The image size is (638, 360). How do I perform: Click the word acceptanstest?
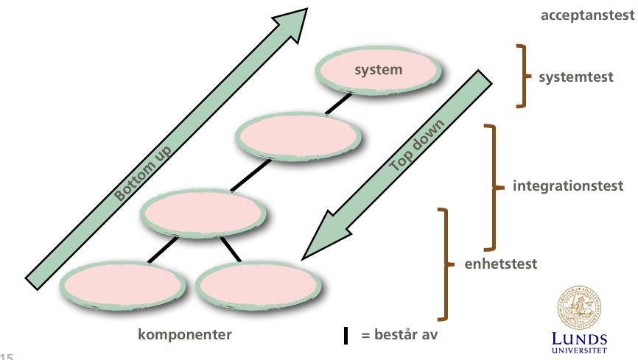[x=587, y=15]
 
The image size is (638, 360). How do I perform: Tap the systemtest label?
[x=575, y=77]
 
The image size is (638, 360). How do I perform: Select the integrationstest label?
[x=567, y=186]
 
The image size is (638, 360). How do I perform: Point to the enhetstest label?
[x=500, y=264]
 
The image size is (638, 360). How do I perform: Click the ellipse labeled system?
[x=378, y=71]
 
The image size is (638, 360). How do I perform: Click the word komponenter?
[x=185, y=334]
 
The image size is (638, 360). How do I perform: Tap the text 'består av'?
[x=406, y=334]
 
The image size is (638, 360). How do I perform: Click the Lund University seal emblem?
[x=579, y=308]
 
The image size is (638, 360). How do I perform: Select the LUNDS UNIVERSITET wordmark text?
[x=579, y=343]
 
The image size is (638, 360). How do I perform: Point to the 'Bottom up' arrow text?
[x=142, y=173]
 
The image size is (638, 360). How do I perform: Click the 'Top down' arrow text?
[x=417, y=145]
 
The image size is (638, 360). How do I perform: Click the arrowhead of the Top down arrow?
[x=326, y=236]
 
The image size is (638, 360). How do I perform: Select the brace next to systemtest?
[x=523, y=76]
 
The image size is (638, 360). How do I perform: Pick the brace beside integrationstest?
[x=494, y=187]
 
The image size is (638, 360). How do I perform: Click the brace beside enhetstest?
[x=446, y=264]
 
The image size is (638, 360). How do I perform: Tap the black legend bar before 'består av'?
[x=346, y=335]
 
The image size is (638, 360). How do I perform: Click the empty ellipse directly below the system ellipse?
[x=298, y=137]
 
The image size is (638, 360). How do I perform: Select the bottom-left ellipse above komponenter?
[x=122, y=286]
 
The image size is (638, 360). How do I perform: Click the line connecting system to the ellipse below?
[x=338, y=104]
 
